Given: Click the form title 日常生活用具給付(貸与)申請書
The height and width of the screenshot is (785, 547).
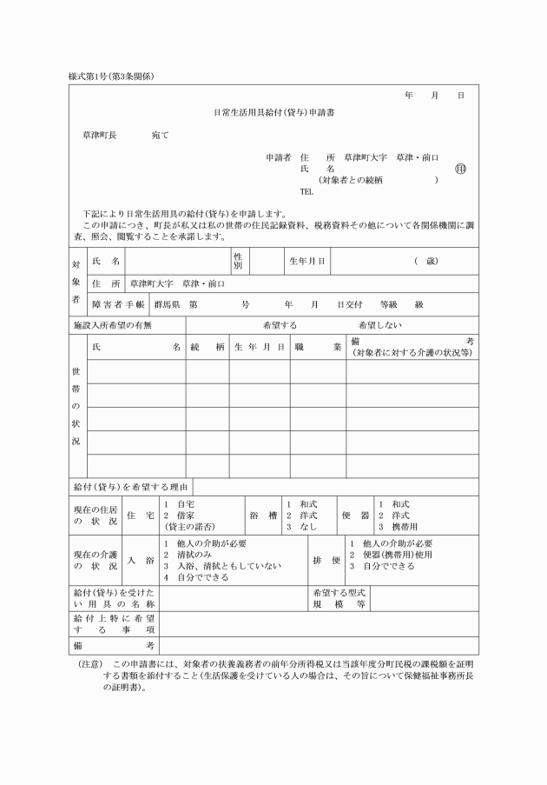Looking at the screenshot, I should click(274, 113).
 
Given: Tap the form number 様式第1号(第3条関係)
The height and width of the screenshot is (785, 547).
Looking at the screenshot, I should click(110, 77).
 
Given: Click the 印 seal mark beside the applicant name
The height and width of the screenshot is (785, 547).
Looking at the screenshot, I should click(459, 169).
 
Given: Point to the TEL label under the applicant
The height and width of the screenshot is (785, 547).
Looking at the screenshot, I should click(306, 191).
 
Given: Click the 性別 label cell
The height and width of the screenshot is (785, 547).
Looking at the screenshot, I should click(237, 260).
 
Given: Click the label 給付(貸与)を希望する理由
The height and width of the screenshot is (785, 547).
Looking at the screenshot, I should click(130, 487).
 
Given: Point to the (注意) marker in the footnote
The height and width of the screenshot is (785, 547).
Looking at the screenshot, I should click(90, 662).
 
